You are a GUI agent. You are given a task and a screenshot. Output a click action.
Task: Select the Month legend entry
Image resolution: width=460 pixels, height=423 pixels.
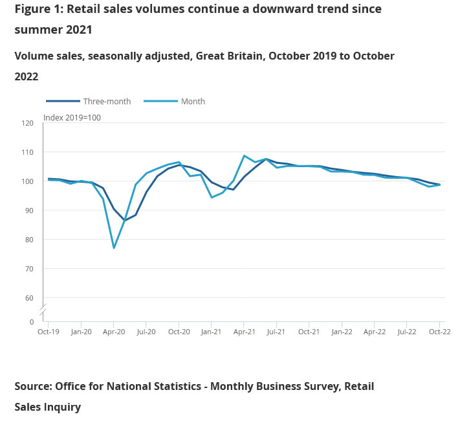[193, 101]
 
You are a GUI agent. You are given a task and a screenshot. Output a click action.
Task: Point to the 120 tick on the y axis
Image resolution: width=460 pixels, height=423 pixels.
[27, 122]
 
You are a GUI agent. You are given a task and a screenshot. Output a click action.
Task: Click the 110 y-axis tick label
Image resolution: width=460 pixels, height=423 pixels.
[27, 152]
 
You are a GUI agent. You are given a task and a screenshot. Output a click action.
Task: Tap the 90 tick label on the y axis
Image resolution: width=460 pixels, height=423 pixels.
[28, 210]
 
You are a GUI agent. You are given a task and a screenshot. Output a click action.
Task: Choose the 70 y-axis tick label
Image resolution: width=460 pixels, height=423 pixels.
[28, 268]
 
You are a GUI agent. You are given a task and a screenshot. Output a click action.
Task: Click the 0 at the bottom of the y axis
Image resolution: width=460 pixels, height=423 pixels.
[31, 321]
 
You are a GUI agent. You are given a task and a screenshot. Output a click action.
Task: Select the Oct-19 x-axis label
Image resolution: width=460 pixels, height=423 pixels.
[48, 332]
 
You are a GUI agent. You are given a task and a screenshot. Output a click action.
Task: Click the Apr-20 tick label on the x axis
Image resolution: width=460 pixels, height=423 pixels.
[113, 332]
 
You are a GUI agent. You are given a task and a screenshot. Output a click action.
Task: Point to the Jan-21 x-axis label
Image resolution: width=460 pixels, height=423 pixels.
[211, 332]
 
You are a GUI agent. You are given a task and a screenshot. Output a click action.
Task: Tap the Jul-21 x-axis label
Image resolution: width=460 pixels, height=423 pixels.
[276, 332]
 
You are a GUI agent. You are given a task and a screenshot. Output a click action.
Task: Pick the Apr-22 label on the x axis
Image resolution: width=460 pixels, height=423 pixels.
[374, 332]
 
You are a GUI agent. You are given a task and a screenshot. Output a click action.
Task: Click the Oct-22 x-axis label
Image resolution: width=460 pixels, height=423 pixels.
[439, 332]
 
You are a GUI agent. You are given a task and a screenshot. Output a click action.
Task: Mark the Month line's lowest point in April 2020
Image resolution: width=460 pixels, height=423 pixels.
[114, 247]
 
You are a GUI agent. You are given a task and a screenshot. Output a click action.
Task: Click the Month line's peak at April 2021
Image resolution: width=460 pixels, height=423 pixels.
[244, 155]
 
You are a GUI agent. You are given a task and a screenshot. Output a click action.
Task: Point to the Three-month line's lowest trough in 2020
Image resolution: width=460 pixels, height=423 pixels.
[125, 220]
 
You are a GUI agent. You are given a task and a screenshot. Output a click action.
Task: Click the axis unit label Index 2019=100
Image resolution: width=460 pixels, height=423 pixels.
[72, 117]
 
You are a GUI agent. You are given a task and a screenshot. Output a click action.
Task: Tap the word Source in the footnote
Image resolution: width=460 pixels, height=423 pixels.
[32, 386]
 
